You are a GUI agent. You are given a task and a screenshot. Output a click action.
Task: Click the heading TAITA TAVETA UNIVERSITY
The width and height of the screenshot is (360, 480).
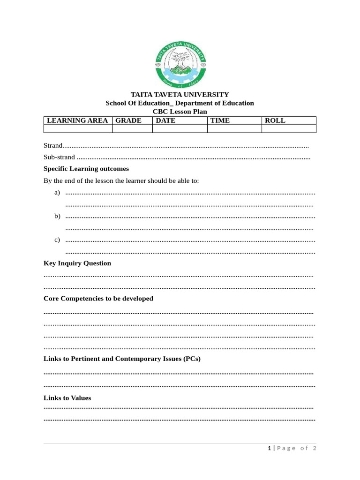[180, 95]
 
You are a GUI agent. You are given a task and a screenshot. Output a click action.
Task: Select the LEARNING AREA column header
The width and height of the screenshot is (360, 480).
[78, 120]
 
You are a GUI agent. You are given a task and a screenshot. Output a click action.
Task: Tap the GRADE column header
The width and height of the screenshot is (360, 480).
[128, 120]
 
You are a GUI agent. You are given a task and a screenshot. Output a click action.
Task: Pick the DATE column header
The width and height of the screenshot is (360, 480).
[165, 120]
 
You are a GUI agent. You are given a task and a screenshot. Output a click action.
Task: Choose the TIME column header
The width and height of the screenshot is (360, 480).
[220, 120]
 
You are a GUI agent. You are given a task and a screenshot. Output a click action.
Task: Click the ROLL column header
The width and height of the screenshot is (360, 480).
[275, 120]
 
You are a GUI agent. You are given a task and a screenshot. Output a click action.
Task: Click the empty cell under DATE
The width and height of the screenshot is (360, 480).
[180, 129]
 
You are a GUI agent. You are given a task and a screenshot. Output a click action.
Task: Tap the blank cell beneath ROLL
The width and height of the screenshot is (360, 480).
[289, 129]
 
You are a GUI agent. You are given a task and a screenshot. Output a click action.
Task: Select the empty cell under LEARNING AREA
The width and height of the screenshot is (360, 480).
[78, 129]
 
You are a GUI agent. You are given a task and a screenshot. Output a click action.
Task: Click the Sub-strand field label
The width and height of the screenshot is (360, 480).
[59, 157]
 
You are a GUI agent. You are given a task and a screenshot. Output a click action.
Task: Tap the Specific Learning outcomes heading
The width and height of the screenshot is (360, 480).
[86, 169]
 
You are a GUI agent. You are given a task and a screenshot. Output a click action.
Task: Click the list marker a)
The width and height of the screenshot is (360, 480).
[57, 193]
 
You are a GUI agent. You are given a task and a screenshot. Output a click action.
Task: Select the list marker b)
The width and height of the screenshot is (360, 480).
[57, 216]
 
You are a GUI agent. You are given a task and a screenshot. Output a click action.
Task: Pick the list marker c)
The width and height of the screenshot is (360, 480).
[57, 240]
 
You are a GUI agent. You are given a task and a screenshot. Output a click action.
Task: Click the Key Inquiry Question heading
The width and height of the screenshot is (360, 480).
[77, 263]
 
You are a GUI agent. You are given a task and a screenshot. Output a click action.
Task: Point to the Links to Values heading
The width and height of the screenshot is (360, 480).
[67, 398]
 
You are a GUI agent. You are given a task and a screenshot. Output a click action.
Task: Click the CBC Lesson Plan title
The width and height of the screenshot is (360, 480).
[180, 112]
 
